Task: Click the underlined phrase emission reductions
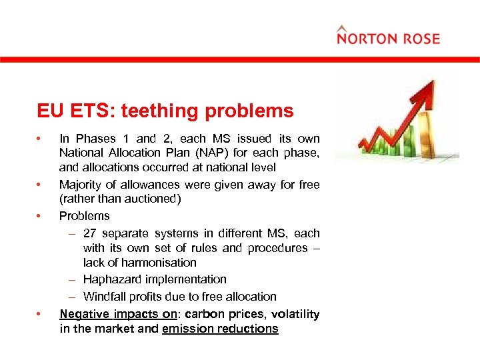[x=220, y=329]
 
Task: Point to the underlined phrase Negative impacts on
[x=118, y=314]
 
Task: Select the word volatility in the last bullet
[x=293, y=314]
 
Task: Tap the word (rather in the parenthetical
[x=76, y=199]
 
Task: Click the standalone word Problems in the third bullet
[x=85, y=216]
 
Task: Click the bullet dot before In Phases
[x=40, y=139]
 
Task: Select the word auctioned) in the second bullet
[x=156, y=199]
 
